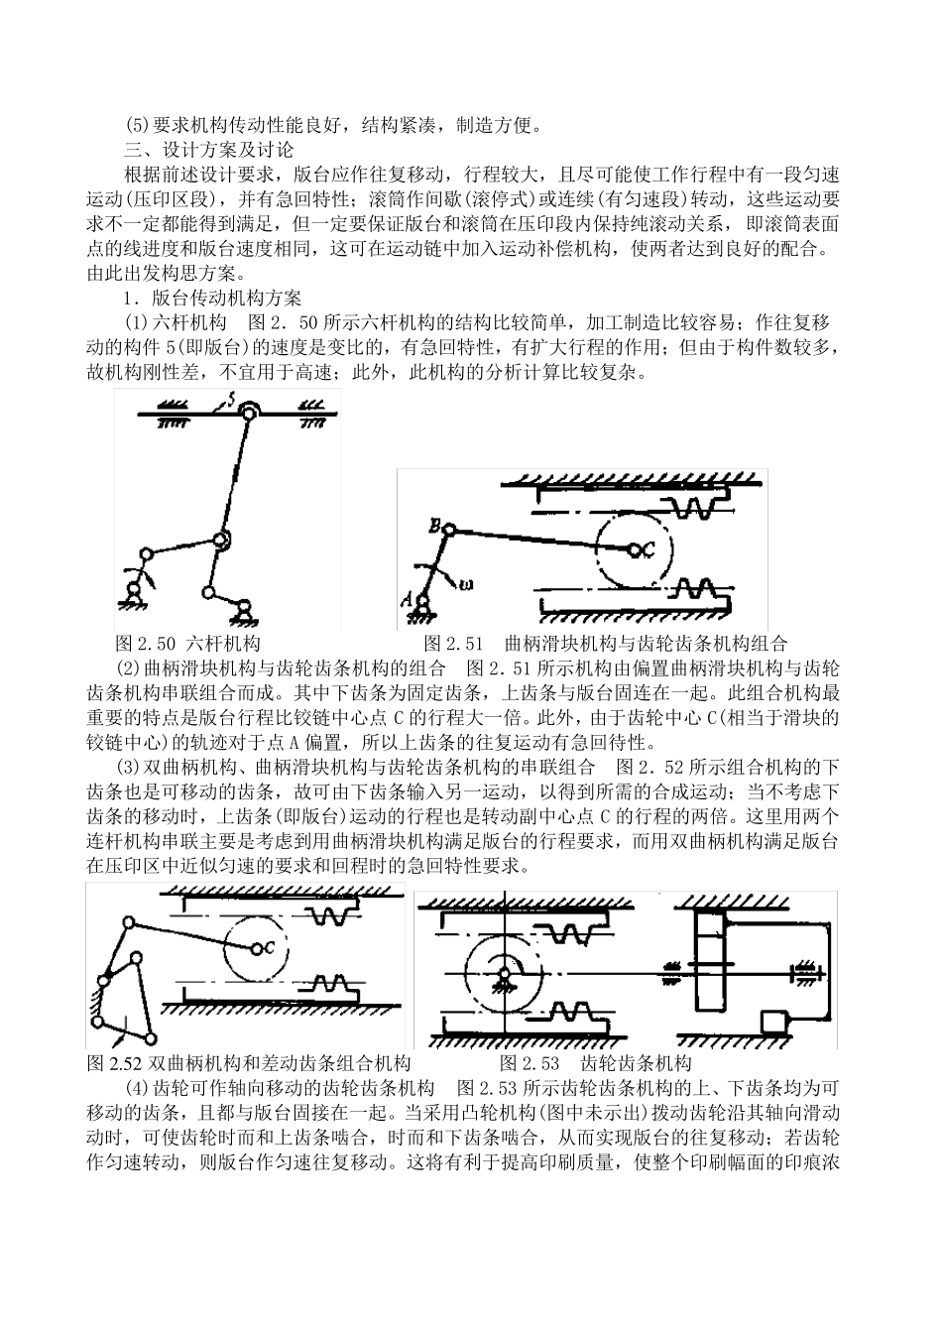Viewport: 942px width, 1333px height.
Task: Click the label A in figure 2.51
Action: tap(405, 597)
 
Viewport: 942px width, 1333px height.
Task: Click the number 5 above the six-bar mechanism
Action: tap(229, 400)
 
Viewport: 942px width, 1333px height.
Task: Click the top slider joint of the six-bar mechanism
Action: tap(247, 412)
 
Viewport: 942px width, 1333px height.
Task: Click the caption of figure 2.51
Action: tap(605, 643)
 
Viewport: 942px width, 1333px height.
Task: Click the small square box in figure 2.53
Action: tap(771, 1022)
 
